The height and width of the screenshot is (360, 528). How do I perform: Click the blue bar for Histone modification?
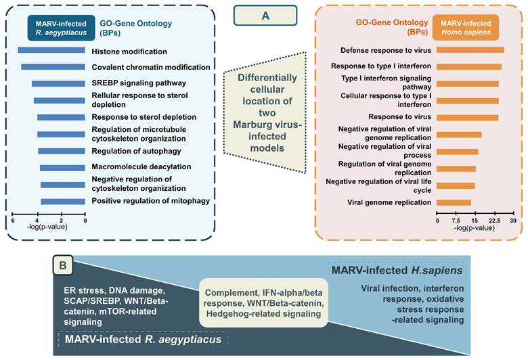(51, 50)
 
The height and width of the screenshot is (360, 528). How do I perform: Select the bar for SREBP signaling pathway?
(58, 83)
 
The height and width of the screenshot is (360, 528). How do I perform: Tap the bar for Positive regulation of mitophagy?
(63, 202)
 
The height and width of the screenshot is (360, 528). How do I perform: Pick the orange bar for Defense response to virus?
(470, 50)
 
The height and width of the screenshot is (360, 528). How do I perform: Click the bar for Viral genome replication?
(454, 202)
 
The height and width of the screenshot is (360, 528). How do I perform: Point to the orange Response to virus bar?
(467, 118)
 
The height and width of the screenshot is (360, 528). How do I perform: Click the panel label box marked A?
(265, 16)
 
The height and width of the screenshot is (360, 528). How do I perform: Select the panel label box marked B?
(63, 265)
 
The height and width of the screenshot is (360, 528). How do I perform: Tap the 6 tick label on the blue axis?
(13, 221)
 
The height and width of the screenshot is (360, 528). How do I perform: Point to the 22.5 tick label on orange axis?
(495, 221)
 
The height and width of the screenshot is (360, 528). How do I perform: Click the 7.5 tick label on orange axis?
(456, 221)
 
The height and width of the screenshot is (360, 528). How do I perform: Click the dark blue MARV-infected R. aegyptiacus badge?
(61, 28)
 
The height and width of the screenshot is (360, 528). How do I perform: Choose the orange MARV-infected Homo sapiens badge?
(466, 28)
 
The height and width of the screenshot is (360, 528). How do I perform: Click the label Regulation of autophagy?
(136, 151)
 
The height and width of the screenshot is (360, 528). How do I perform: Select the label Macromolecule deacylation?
(141, 166)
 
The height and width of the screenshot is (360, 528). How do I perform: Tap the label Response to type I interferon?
(381, 66)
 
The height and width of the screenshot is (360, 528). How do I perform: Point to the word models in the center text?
(267, 148)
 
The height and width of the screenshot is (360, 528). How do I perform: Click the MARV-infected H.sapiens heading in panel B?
(397, 271)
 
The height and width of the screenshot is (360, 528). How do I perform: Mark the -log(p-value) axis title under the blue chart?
(47, 227)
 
